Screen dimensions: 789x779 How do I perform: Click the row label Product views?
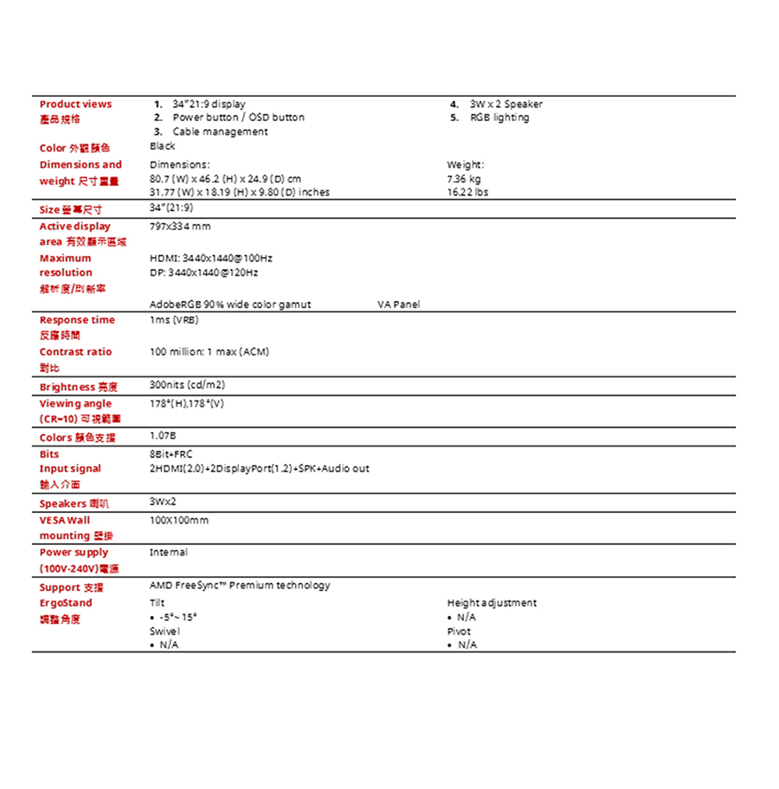tap(75, 104)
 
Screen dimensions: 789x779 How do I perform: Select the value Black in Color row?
tap(162, 146)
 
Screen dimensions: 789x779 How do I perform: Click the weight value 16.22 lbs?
tap(467, 192)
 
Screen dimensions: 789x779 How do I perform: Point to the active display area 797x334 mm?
tap(180, 226)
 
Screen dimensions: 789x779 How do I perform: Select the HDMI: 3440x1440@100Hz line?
tap(211, 258)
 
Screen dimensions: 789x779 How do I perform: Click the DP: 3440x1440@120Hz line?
tap(204, 273)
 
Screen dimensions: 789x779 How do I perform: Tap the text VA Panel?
tap(399, 305)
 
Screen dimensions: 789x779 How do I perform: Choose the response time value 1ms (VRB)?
tap(174, 320)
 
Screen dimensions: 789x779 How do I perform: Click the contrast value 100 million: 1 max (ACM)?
tap(209, 352)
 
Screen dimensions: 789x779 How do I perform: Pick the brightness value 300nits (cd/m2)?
tap(188, 385)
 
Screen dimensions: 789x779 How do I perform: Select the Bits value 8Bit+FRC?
tap(171, 453)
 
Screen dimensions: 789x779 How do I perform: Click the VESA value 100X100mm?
tap(179, 520)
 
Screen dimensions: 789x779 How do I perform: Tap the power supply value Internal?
tap(168, 552)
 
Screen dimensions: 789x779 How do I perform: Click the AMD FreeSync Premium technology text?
tap(240, 586)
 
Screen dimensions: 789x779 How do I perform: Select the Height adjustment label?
tap(492, 602)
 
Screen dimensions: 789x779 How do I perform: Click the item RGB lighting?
tap(499, 118)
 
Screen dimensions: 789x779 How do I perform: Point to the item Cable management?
tap(220, 131)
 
